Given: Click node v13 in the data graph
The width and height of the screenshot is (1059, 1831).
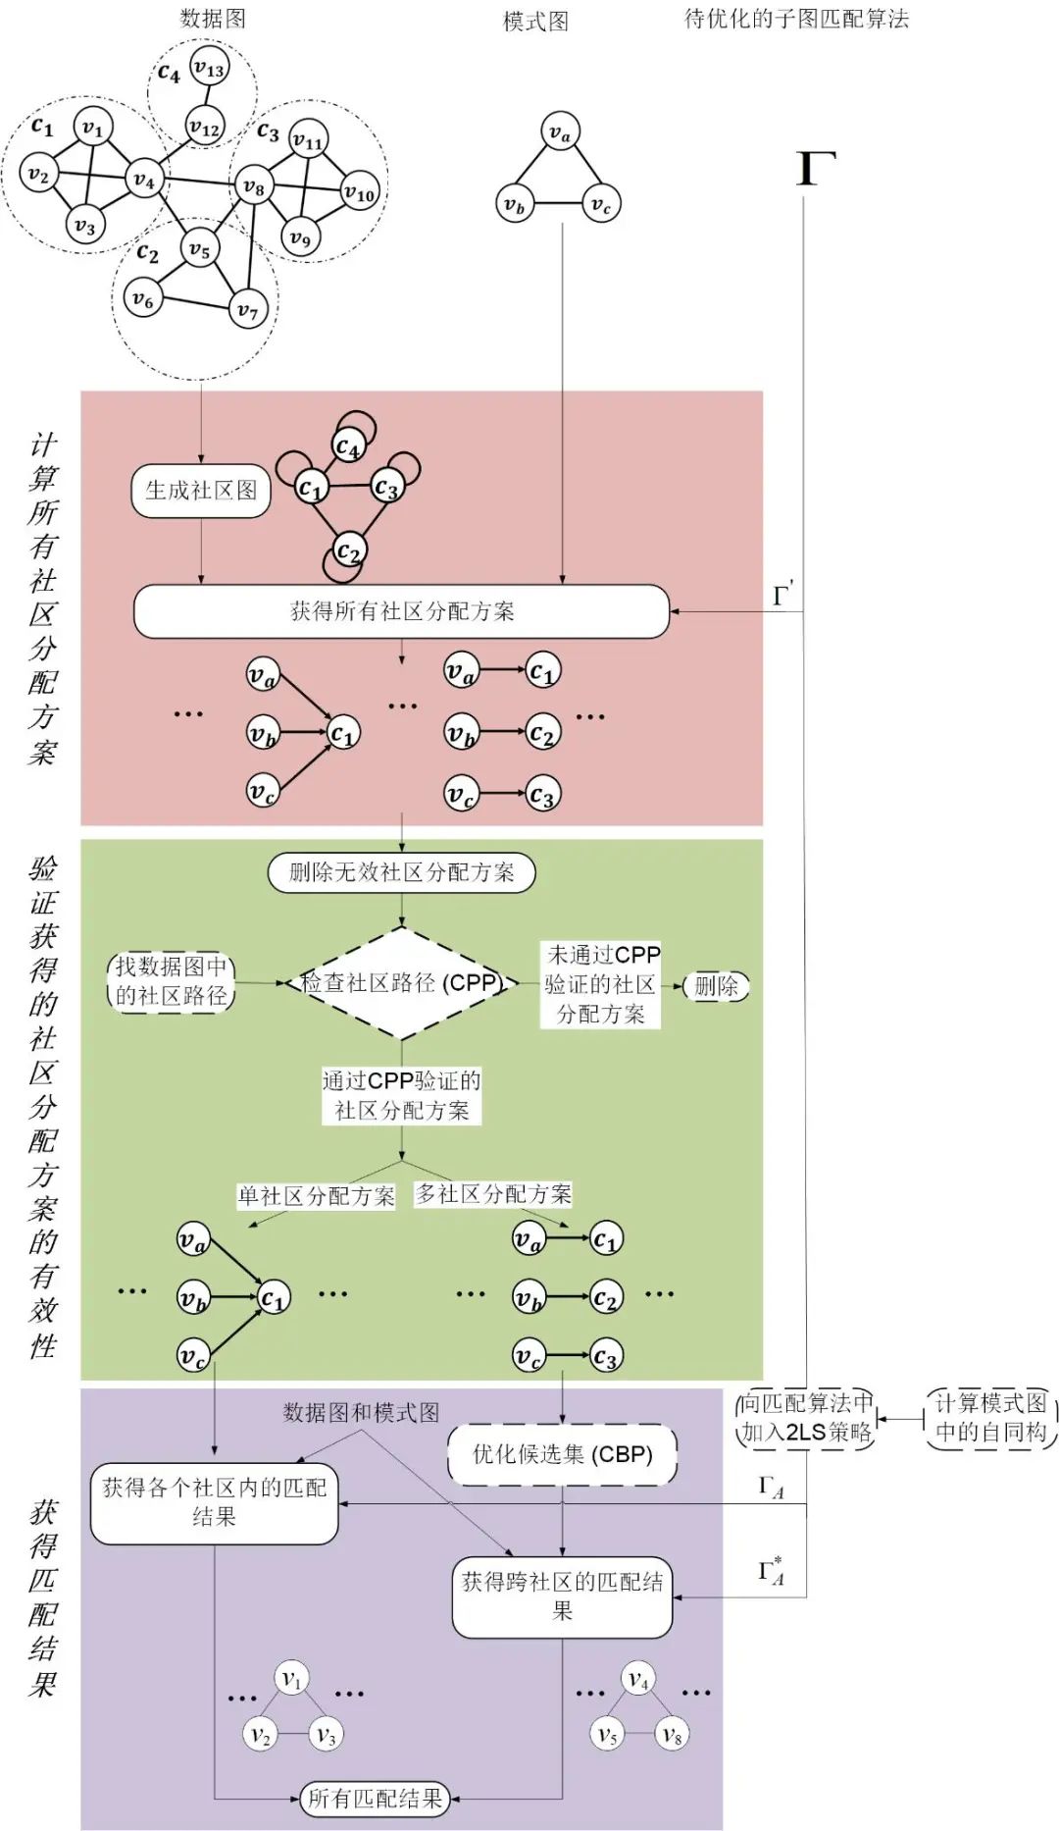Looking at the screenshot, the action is [x=208, y=68].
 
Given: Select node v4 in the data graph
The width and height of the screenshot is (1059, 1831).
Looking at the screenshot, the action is [x=143, y=181].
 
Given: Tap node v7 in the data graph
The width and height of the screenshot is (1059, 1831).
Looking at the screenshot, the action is [x=247, y=311].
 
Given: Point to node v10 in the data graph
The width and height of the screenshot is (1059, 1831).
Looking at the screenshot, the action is [x=359, y=193].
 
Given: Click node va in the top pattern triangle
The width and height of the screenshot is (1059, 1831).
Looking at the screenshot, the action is [x=560, y=131].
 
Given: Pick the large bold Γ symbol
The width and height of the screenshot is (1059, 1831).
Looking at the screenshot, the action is [x=815, y=169].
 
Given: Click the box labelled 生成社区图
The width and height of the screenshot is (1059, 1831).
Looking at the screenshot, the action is [x=201, y=491].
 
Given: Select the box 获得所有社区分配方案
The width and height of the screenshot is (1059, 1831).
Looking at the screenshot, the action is [x=401, y=611].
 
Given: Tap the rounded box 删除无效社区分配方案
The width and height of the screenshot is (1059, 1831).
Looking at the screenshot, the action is [x=401, y=872].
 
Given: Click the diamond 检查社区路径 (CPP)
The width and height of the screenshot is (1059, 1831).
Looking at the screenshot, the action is [x=401, y=982].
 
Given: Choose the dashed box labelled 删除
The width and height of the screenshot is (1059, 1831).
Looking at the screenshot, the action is [x=716, y=986].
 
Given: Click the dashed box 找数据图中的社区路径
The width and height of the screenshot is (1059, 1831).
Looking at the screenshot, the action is [x=172, y=981].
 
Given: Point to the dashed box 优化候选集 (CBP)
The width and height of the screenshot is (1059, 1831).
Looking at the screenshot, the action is [x=562, y=1454].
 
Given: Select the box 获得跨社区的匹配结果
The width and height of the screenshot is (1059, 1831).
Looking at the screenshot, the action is [x=562, y=1596].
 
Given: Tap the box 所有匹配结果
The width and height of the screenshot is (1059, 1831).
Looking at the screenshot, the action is [x=375, y=1799].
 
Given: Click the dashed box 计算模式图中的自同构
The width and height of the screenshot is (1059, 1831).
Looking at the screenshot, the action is [x=990, y=1418].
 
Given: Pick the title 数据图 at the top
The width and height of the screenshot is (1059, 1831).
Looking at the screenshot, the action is [x=213, y=19].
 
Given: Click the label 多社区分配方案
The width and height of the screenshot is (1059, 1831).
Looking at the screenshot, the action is [x=493, y=1194].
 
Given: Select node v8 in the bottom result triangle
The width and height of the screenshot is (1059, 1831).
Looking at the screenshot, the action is [x=672, y=1735].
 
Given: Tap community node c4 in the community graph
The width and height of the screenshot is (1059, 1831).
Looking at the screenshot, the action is [x=348, y=447].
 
